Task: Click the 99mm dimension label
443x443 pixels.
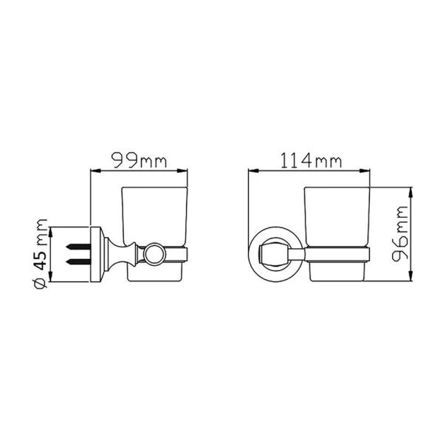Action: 140,160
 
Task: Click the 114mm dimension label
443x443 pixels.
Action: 311,160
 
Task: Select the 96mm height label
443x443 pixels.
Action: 400,234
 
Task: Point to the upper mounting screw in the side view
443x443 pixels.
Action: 78,247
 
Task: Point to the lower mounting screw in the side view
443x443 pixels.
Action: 78,262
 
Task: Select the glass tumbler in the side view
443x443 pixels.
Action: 154,234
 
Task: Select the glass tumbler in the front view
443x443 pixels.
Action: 337,234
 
